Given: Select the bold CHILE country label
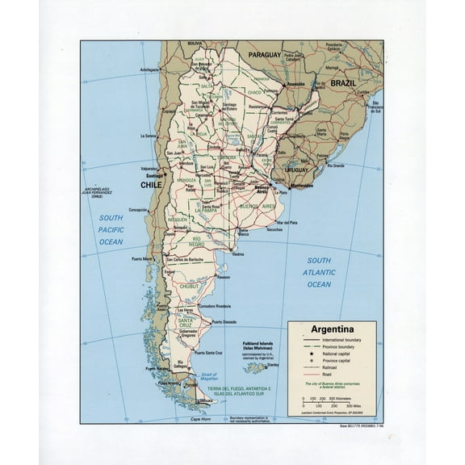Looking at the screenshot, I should coord(152,185).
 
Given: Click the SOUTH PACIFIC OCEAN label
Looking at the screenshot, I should coord(111,230).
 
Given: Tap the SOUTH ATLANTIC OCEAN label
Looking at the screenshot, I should coord(319,273).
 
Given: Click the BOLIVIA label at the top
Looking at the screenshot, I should coord(195,43).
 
